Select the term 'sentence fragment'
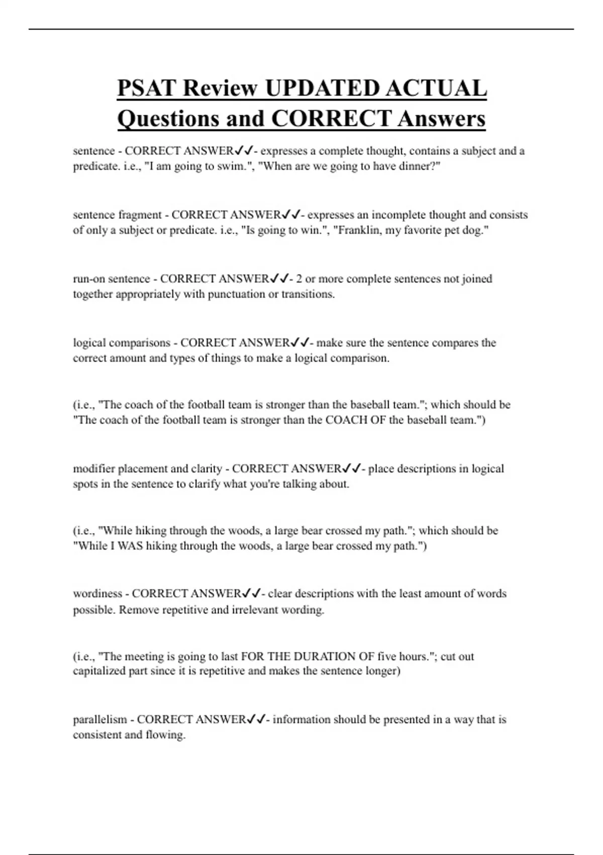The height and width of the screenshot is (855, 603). (x=117, y=215)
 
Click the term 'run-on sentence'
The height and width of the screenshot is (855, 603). (x=112, y=279)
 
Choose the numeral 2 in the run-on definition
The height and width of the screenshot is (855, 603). (x=299, y=279)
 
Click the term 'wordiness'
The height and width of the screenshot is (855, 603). (x=97, y=593)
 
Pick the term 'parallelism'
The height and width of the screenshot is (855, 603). (x=100, y=720)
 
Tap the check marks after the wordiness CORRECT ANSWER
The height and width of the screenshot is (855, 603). (x=251, y=593)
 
